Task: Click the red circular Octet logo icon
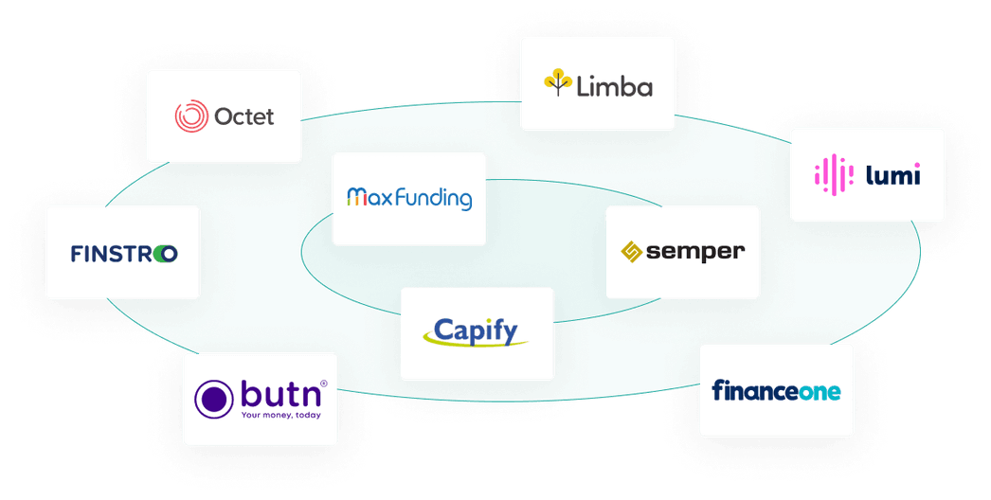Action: tap(191, 116)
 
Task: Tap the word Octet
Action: tap(243, 116)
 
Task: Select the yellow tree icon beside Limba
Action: tap(559, 83)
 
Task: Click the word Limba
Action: tap(615, 87)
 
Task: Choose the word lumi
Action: tap(892, 174)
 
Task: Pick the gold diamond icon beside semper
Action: tap(632, 252)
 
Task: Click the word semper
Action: tap(695, 252)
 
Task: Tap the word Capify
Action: tap(476, 330)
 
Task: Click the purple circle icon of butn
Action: tap(213, 399)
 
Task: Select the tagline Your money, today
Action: tap(280, 415)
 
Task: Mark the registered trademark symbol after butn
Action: tap(323, 384)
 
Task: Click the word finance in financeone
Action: tap(754, 389)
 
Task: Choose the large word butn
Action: tap(279, 394)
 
